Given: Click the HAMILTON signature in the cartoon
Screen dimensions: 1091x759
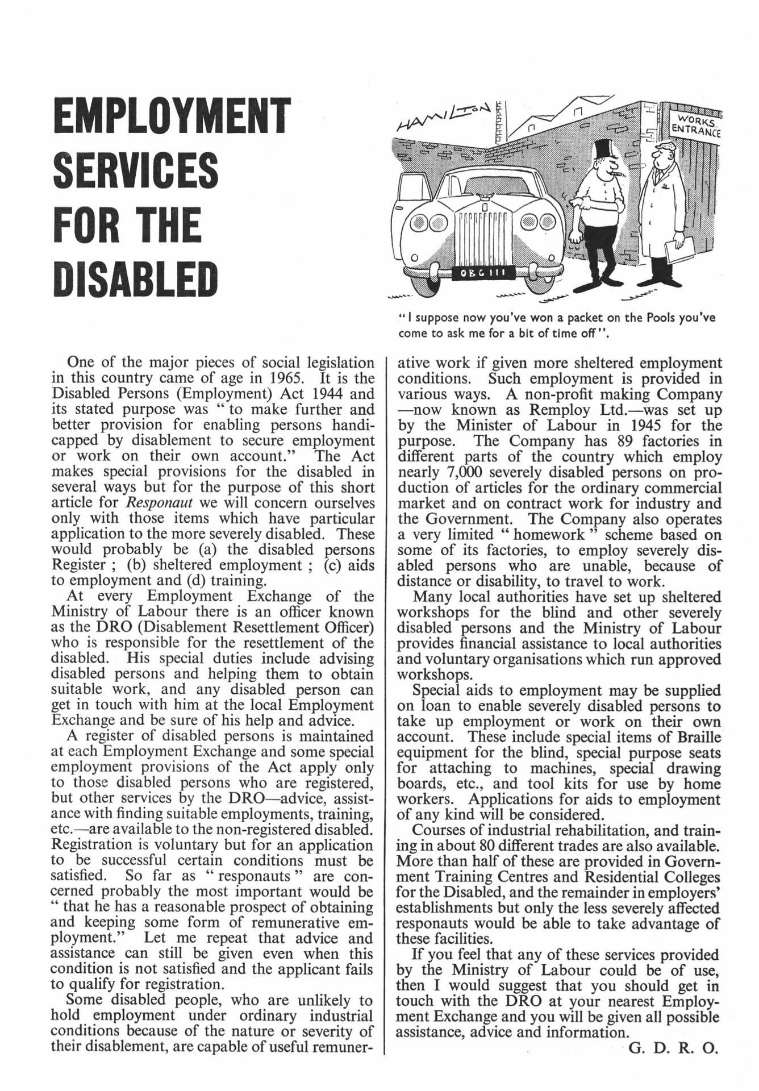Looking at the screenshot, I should coord(445,118).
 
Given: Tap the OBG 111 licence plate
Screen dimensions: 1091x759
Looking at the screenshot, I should coord(485,273).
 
